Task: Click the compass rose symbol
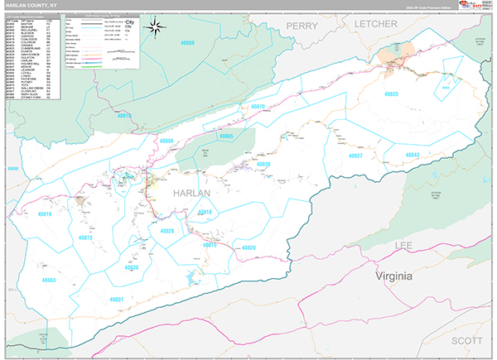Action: (x=155, y=28)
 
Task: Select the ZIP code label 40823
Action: (x=391, y=94)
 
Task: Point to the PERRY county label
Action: (x=302, y=26)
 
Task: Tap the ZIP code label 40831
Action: (x=116, y=299)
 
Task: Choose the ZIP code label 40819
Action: (x=44, y=215)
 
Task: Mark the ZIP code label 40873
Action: (x=85, y=238)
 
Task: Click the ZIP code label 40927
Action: (x=357, y=156)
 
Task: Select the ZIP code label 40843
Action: (x=413, y=156)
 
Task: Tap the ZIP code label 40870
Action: (x=258, y=107)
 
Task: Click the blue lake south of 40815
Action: (x=196, y=276)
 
